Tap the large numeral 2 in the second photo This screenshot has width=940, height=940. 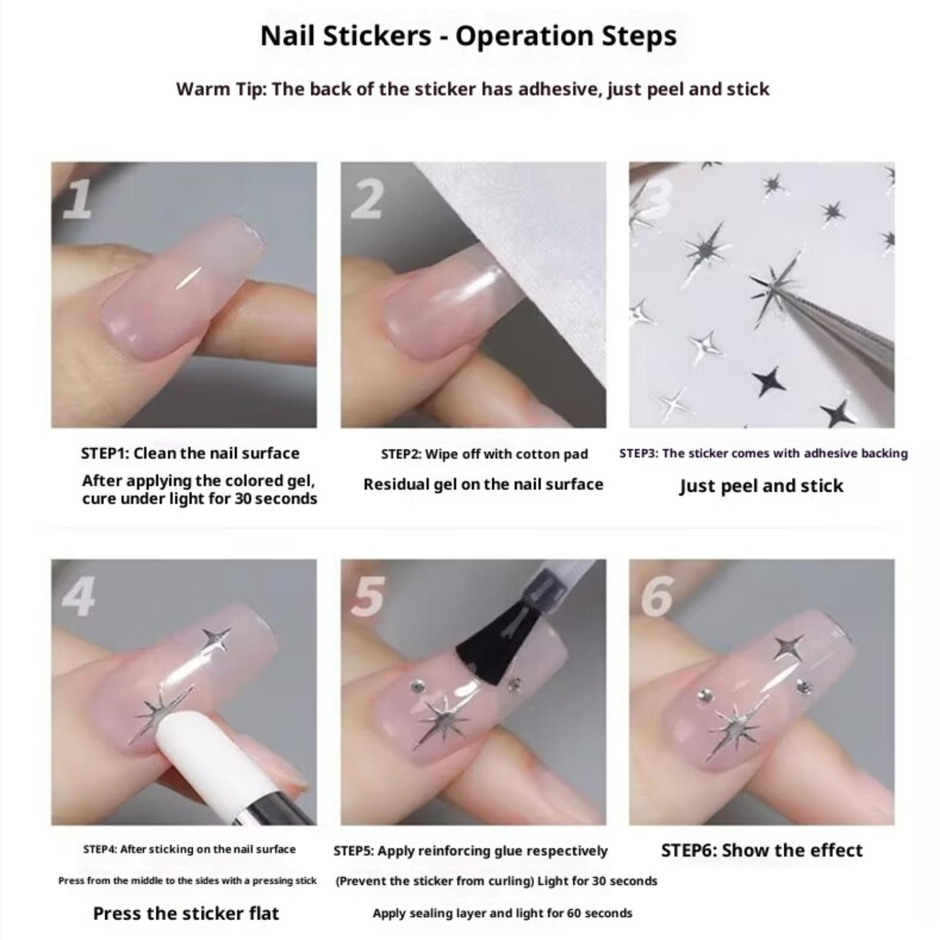pos(368,199)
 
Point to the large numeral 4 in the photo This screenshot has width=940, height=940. pos(79,596)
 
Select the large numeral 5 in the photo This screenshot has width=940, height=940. pos(368,596)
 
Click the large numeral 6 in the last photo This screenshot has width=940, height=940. pos(657,596)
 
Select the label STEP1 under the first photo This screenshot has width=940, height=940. pos(104,453)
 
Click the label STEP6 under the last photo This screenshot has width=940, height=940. pos(687,850)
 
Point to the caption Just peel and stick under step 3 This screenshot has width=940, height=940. pos(761,486)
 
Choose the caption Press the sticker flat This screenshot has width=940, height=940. pos(186,913)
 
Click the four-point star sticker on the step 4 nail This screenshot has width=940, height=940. pos(216,640)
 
